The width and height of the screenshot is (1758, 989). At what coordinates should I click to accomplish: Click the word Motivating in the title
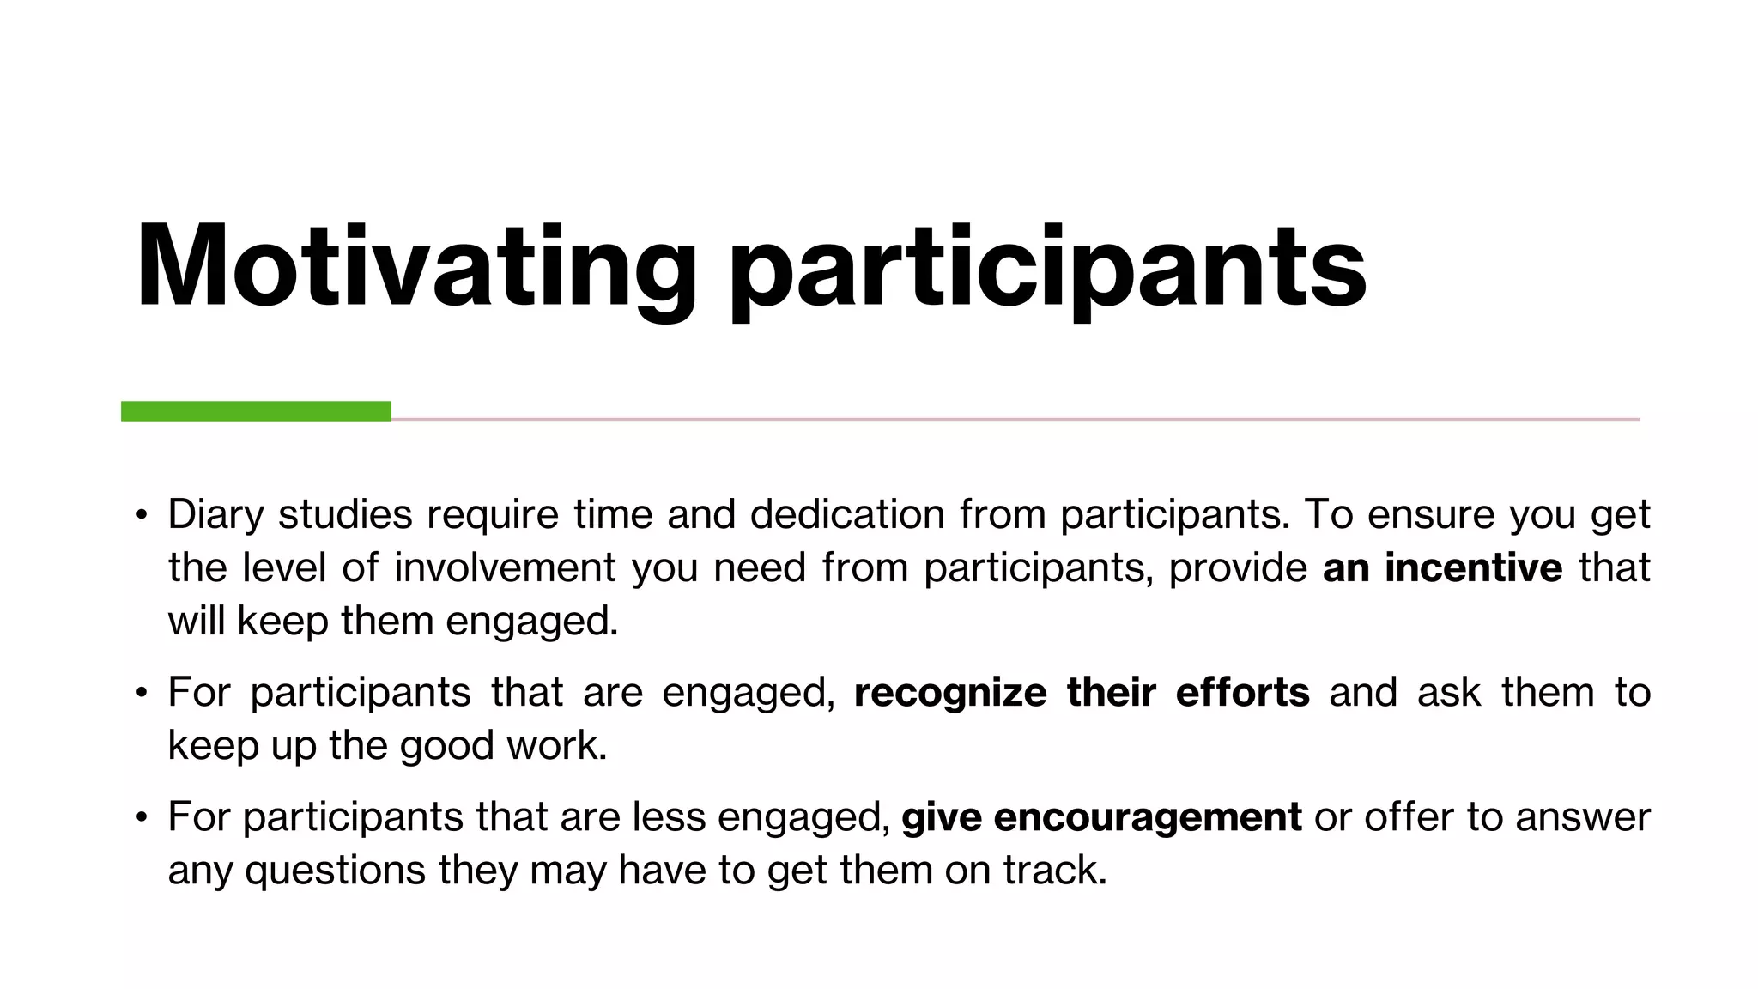(x=416, y=266)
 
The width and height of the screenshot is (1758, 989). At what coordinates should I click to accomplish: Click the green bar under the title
(x=256, y=411)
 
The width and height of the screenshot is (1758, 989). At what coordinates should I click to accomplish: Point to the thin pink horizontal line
(x=1013, y=419)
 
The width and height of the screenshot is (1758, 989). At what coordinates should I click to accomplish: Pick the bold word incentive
(x=1473, y=568)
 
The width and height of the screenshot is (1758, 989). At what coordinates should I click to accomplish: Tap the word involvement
(x=505, y=568)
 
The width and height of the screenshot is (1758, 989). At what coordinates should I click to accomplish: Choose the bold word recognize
(x=950, y=693)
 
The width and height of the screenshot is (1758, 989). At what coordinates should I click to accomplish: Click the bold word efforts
(x=1242, y=693)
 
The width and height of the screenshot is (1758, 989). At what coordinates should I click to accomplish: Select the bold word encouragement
(x=1147, y=817)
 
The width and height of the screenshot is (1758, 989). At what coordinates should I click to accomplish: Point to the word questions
(x=335, y=871)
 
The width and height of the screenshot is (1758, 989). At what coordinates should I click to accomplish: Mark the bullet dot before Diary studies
(x=142, y=515)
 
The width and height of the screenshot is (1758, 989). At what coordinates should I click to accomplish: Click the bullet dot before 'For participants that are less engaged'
(x=142, y=817)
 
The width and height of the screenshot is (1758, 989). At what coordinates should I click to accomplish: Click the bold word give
(x=942, y=817)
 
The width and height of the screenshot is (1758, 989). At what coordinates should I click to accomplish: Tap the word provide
(x=1238, y=568)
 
